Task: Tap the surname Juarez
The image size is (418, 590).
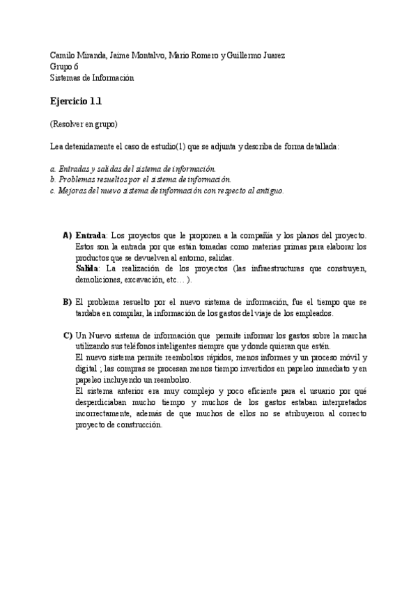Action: click(x=271, y=56)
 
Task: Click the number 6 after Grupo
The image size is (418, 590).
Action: click(x=76, y=67)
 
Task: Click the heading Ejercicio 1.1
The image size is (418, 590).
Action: click(x=76, y=101)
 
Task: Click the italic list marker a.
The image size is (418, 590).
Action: click(x=52, y=168)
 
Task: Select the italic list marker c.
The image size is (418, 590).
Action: click(x=52, y=191)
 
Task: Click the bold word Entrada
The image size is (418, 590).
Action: click(x=91, y=235)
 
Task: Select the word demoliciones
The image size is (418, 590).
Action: click(x=97, y=280)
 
